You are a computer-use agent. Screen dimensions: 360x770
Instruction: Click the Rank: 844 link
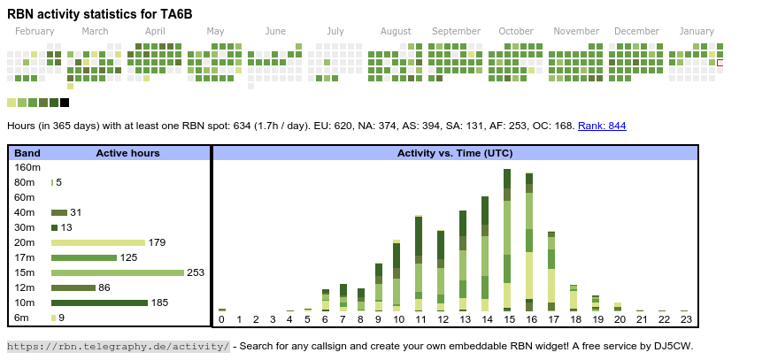tap(602, 126)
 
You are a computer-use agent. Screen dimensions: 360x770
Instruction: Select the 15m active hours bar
tap(118, 272)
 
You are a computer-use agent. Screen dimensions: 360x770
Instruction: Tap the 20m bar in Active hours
tap(98, 242)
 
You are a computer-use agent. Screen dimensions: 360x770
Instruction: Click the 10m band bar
tap(99, 303)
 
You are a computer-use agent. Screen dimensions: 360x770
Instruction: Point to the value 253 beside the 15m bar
tap(196, 272)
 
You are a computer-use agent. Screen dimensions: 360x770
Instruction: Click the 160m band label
tap(28, 167)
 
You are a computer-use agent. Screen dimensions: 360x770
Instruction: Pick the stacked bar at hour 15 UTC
tap(507, 239)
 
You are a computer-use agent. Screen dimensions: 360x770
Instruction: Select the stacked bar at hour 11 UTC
tap(418, 263)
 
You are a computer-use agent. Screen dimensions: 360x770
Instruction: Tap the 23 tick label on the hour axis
tap(684, 319)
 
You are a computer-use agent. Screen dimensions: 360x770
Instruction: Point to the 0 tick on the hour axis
tap(221, 319)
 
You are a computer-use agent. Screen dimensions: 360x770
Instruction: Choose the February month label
tap(35, 31)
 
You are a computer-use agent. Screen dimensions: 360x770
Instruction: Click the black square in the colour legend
tap(65, 103)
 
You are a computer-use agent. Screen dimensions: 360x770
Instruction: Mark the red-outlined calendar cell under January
tap(720, 63)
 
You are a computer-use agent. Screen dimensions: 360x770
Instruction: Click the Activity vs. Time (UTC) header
tap(455, 153)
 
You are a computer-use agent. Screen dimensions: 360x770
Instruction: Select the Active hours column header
tap(127, 153)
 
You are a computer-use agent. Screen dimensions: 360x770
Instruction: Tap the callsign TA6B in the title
tap(174, 13)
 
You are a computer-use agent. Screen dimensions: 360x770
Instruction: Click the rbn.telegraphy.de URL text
tap(118, 346)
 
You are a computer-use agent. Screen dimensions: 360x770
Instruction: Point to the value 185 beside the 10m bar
tap(159, 303)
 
